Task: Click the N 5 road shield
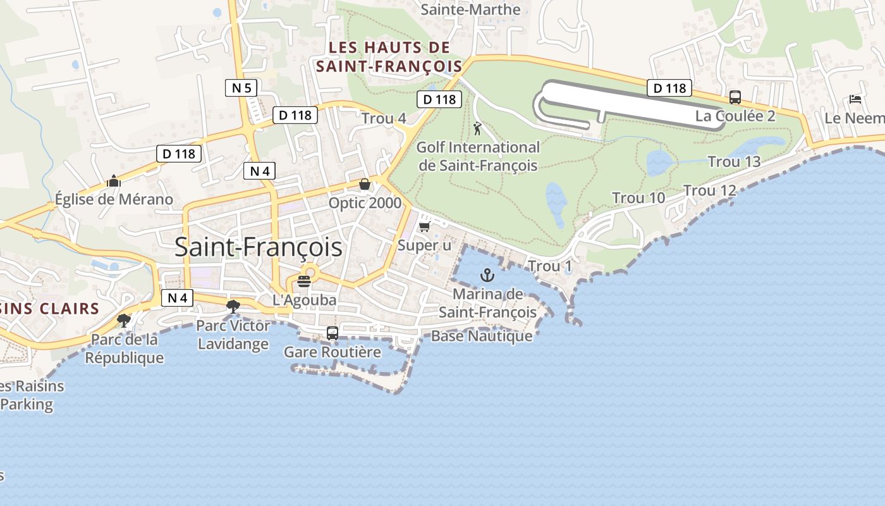pos(241,88)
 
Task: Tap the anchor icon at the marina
pos(487,275)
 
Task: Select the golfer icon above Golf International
pos(477,129)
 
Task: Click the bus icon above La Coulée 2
pos(735,97)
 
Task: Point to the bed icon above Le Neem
pos(855,99)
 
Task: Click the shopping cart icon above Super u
pos(424,226)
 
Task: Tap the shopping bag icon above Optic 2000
pos(365,184)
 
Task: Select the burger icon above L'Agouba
pos(304,281)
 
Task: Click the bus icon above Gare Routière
pos(333,333)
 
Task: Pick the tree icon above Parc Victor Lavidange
pos(233,307)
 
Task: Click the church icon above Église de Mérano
pos(114,181)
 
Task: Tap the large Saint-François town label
pos(259,247)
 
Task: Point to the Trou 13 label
pos(734,162)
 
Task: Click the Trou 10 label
pos(638,198)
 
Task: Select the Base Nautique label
pos(482,336)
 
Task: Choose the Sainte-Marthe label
pos(470,9)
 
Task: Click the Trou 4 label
pos(384,118)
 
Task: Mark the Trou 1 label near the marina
pos(549,266)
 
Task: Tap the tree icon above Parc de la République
pos(124,321)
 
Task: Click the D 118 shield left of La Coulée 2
pos(669,88)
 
